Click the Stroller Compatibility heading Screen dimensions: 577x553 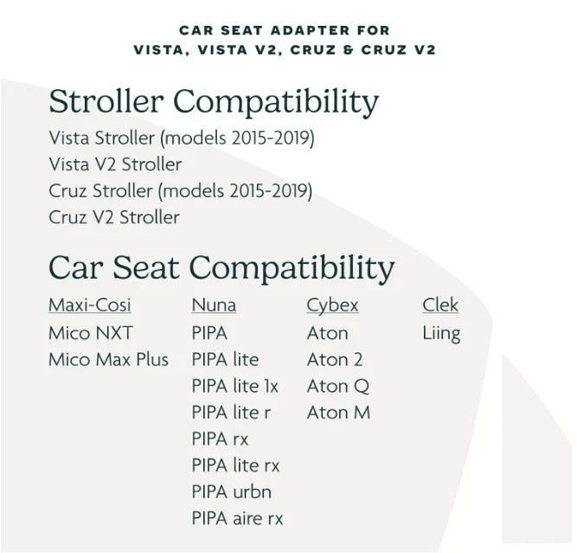click(214, 102)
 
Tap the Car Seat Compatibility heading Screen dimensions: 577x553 click(221, 268)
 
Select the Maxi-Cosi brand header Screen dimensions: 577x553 click(90, 305)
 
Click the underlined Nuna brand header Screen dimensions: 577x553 click(214, 305)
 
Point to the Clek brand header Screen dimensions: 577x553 click(440, 305)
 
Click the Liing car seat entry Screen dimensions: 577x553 click(441, 334)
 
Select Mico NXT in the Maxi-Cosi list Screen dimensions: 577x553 click(91, 333)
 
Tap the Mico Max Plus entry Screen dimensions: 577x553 click(108, 360)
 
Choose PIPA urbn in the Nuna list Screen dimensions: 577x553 click(232, 492)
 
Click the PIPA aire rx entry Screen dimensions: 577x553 click(237, 518)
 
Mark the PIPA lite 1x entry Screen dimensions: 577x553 click(234, 386)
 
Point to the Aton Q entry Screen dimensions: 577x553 click(338, 387)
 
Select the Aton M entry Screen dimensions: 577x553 click(338, 413)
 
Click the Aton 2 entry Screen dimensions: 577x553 click(335, 360)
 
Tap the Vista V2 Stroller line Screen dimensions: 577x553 click(115, 164)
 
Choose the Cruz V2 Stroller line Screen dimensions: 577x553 click(114, 217)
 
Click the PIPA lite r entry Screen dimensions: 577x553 click(231, 413)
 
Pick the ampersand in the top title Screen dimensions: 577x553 click(348, 49)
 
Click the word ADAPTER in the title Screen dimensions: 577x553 click(311, 30)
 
